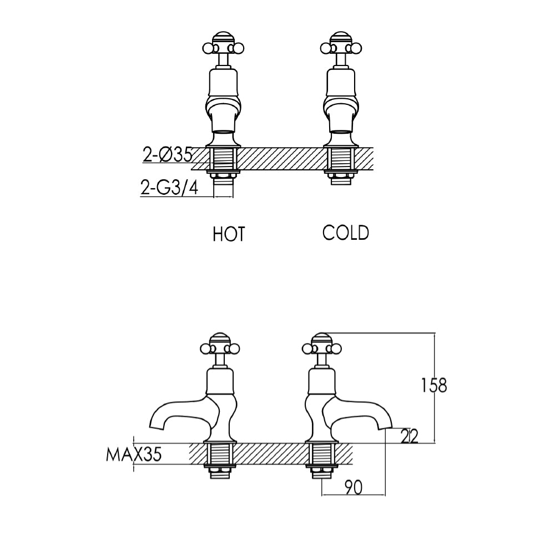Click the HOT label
click(x=228, y=234)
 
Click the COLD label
click(x=345, y=233)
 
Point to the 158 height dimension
click(x=433, y=385)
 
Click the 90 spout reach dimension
click(x=354, y=487)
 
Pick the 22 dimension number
click(x=408, y=436)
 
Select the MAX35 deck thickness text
click(x=134, y=456)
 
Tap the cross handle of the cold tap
click(x=339, y=47)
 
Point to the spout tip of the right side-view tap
click(x=387, y=427)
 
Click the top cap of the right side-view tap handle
click(x=322, y=338)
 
